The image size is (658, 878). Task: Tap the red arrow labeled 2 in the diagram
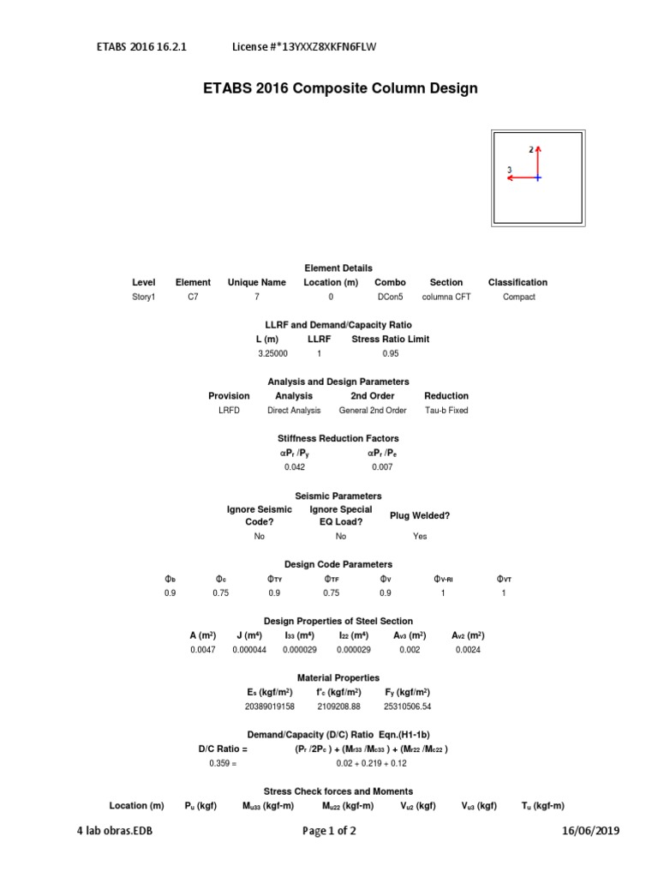pyautogui.click(x=538, y=160)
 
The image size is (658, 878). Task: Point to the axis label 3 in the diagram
pyautogui.click(x=510, y=170)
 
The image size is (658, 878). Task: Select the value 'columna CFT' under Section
pyautogui.click(x=446, y=297)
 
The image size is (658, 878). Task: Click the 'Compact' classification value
pyautogui.click(x=517, y=297)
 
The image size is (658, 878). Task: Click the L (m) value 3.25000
pyautogui.click(x=272, y=353)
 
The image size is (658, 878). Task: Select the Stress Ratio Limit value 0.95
pyautogui.click(x=391, y=353)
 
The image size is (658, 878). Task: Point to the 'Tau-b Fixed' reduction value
pyautogui.click(x=446, y=410)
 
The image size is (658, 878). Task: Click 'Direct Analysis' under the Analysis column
pyautogui.click(x=293, y=410)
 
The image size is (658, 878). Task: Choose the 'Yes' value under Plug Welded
pyautogui.click(x=420, y=536)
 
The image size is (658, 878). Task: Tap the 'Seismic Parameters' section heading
pyautogui.click(x=338, y=496)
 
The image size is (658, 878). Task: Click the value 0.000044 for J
pyautogui.click(x=249, y=650)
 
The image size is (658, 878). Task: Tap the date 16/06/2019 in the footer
pyautogui.click(x=590, y=831)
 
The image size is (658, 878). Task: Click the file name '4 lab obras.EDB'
pyautogui.click(x=117, y=831)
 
